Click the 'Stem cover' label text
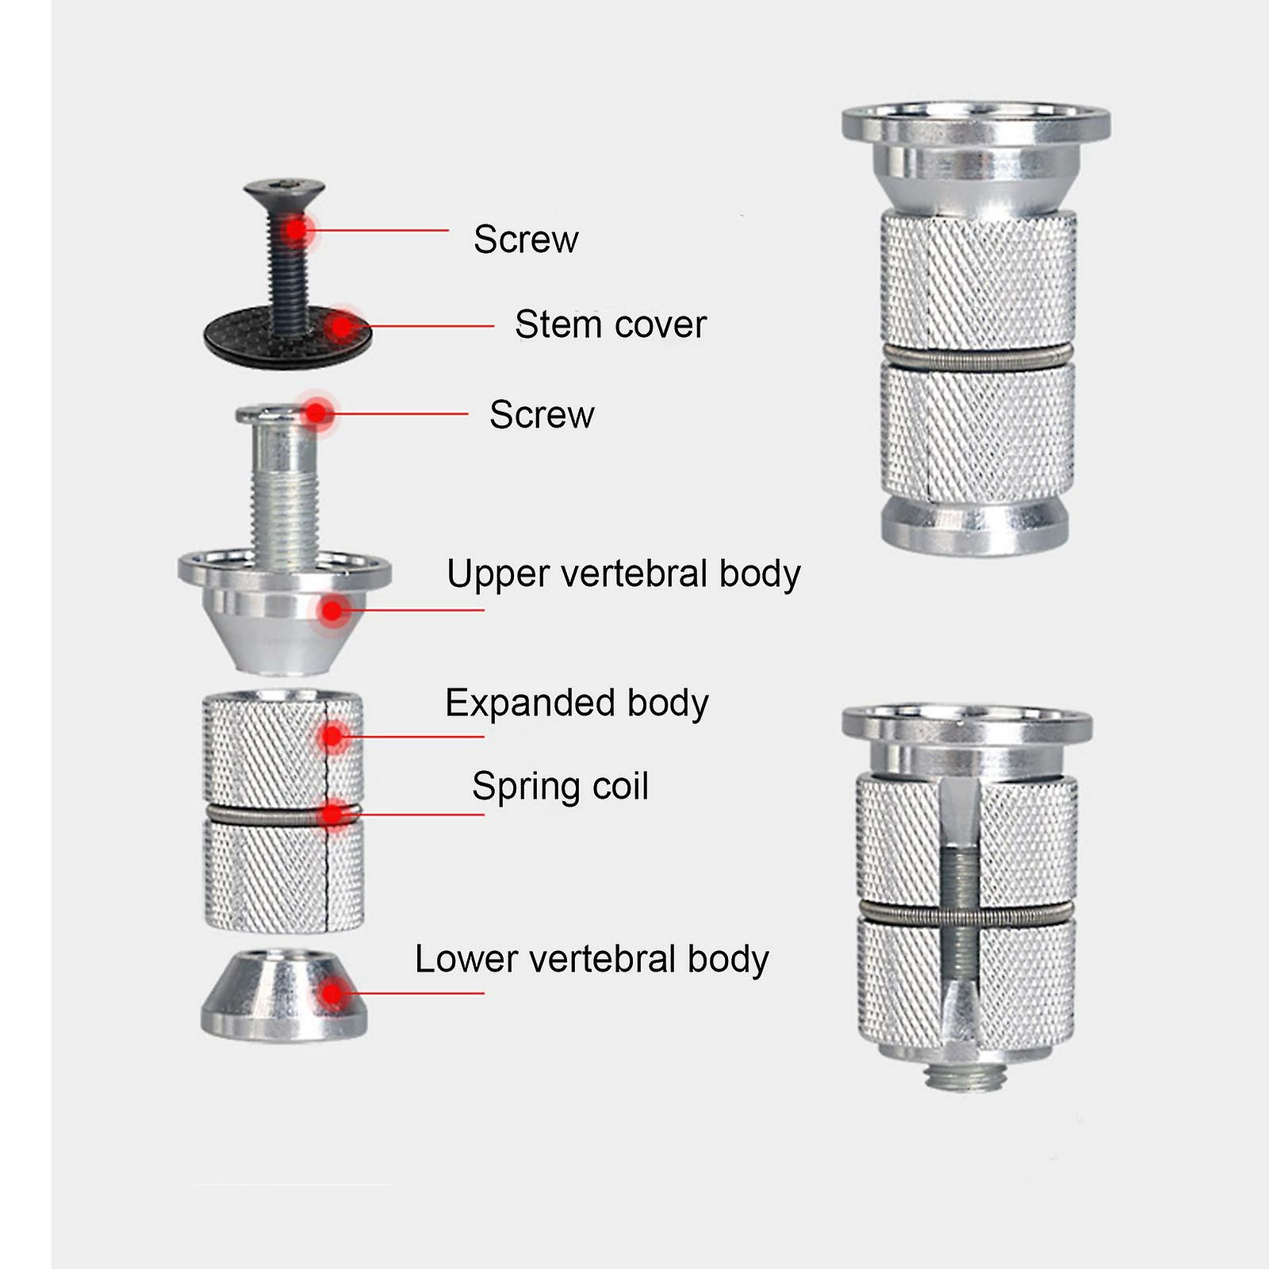click(x=610, y=324)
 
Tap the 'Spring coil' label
click(x=560, y=787)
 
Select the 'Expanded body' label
click(x=577, y=703)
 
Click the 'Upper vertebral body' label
click(x=623, y=573)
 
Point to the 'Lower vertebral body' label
click(x=592, y=959)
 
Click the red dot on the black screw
click(x=296, y=230)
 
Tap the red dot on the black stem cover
click(x=342, y=326)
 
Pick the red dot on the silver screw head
click(x=317, y=413)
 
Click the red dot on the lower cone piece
click(x=333, y=993)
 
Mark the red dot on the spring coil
click(x=334, y=814)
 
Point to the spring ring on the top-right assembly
click(x=976, y=358)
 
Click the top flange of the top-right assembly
click(x=976, y=123)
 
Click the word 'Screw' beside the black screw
click(x=526, y=240)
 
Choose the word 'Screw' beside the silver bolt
click(x=542, y=415)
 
